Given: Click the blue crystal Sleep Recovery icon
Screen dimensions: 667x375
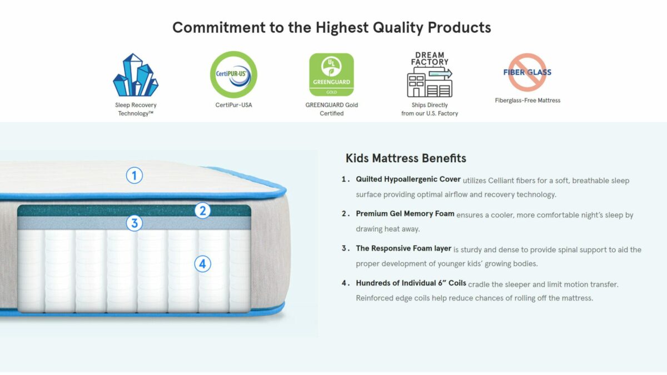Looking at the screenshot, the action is [x=136, y=74].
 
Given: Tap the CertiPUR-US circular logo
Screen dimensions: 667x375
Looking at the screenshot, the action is [x=233, y=74].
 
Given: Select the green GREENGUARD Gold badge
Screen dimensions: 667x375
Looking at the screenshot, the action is [x=331, y=74].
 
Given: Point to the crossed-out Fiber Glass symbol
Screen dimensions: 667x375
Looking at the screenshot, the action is [x=527, y=72].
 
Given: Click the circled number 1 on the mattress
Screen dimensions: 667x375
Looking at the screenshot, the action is [x=135, y=176].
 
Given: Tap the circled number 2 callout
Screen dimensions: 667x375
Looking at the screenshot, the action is [x=202, y=211].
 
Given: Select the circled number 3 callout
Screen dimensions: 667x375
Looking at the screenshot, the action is [x=135, y=223].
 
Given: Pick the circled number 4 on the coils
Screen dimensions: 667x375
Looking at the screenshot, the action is [x=202, y=264].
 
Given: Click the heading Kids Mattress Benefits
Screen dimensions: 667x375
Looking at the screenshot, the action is [x=406, y=158].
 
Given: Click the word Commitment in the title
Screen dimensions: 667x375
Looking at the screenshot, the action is [x=218, y=27].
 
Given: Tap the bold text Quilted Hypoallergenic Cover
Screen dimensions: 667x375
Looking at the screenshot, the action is [x=408, y=179].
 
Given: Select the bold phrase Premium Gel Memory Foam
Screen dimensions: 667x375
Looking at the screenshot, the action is [x=405, y=213].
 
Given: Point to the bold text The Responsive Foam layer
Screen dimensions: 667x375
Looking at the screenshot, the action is [x=404, y=248].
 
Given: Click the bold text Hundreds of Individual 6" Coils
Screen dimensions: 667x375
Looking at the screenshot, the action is [x=411, y=283].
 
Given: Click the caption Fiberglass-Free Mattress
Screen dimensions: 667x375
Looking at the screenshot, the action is [x=527, y=101].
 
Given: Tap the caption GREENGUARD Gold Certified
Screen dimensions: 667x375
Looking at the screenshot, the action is [x=331, y=109].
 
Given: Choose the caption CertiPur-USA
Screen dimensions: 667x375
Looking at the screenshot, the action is [x=233, y=105].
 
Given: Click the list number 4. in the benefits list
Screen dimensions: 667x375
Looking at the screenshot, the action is [x=345, y=283].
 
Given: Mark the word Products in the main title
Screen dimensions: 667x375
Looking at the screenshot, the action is [x=459, y=27].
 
